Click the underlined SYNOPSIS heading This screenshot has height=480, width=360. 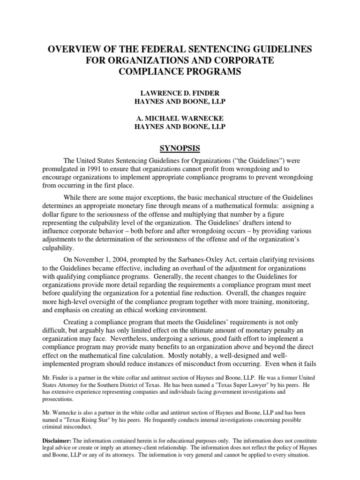[180, 149]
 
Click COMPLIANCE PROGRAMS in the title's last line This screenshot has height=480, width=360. [180, 72]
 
